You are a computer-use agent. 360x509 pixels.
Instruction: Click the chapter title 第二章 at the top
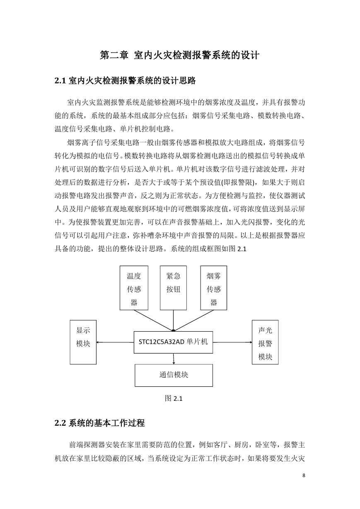[114, 55]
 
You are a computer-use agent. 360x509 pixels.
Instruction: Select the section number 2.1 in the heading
[60, 81]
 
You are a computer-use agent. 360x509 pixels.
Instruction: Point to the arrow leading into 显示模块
[115, 342]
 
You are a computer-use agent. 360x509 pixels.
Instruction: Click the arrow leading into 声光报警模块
[232, 342]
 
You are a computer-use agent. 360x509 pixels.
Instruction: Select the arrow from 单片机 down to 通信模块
[174, 359]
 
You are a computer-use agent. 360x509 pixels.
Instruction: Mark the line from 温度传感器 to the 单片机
[154, 321]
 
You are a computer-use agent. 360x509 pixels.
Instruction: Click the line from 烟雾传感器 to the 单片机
[193, 321]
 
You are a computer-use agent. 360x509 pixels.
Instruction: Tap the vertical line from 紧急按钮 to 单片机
[173, 321]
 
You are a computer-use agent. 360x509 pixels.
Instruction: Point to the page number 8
[304, 475]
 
